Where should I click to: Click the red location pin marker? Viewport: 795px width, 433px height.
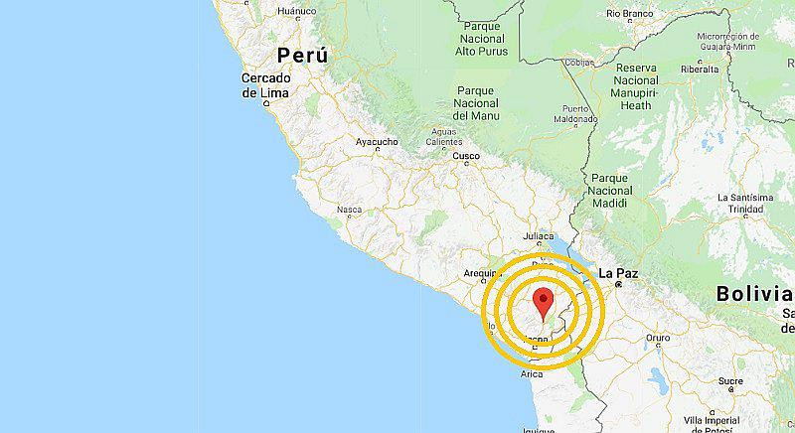(543, 302)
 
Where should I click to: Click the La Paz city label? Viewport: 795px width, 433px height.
(617, 272)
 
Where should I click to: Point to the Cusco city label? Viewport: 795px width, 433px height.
(466, 156)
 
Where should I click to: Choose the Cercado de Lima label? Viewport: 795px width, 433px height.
(265, 85)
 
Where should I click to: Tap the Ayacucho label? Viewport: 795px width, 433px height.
(378, 142)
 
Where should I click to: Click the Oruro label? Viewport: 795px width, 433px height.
(658, 338)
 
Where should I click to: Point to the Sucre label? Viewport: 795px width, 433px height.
(730, 380)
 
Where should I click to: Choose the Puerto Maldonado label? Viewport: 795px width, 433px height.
(581, 113)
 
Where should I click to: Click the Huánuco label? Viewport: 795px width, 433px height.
(296, 12)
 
